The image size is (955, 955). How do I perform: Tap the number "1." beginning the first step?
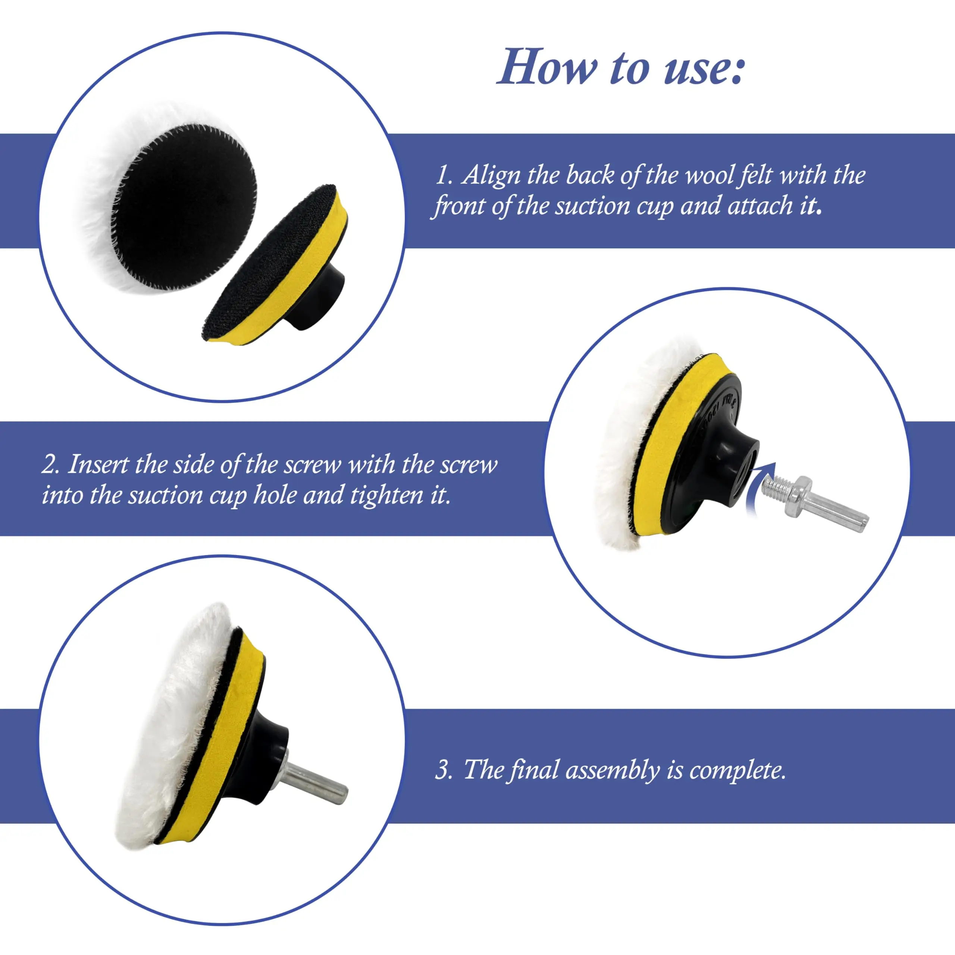(x=444, y=176)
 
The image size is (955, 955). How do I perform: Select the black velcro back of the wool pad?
(x=188, y=198)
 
